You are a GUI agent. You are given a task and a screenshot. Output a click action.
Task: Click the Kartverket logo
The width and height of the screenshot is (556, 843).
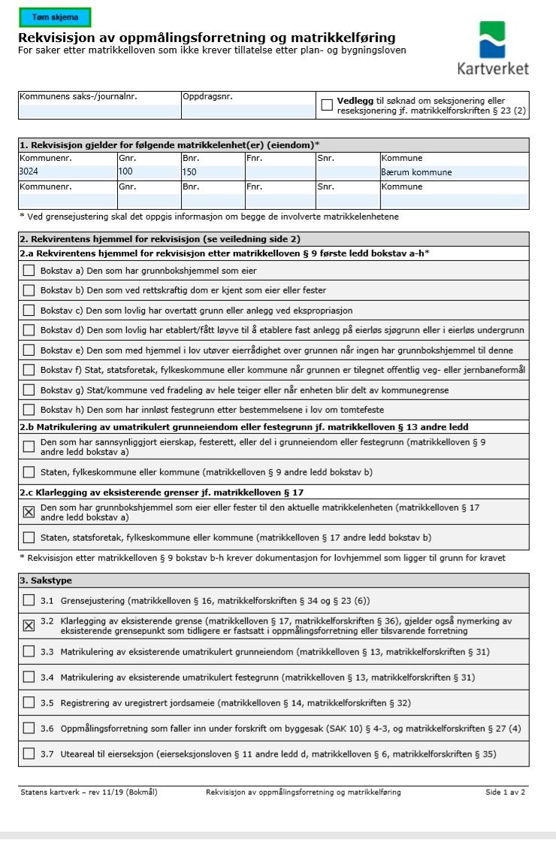(x=493, y=47)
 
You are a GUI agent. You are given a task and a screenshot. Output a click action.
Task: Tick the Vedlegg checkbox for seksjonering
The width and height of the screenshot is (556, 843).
(x=327, y=105)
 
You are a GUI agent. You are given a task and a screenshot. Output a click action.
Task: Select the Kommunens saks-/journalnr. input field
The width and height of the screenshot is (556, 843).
(x=99, y=111)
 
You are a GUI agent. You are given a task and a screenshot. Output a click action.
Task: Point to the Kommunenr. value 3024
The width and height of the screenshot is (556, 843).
(x=29, y=171)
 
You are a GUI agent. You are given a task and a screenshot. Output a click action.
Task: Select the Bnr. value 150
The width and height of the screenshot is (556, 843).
(x=189, y=171)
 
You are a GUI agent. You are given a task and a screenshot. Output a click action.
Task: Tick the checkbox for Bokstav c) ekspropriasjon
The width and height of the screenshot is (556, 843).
(x=29, y=311)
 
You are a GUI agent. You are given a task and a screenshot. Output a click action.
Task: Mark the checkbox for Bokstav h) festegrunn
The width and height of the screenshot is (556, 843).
(x=29, y=410)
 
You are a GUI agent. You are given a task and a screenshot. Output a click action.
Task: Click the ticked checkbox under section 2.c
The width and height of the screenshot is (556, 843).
(x=29, y=512)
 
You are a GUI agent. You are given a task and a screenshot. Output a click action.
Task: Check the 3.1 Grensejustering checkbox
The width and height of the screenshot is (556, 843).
(x=29, y=601)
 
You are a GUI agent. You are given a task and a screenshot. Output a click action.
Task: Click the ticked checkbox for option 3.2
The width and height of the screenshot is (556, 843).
(x=29, y=626)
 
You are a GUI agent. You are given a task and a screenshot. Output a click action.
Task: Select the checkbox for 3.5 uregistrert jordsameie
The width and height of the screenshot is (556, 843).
(x=29, y=703)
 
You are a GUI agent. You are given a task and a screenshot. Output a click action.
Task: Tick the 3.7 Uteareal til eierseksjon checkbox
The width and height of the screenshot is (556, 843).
(x=29, y=754)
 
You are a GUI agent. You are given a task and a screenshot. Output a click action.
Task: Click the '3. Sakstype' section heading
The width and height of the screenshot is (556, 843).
(x=46, y=581)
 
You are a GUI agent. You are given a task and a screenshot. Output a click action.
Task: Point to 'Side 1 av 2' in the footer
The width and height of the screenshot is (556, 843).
(x=505, y=792)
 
